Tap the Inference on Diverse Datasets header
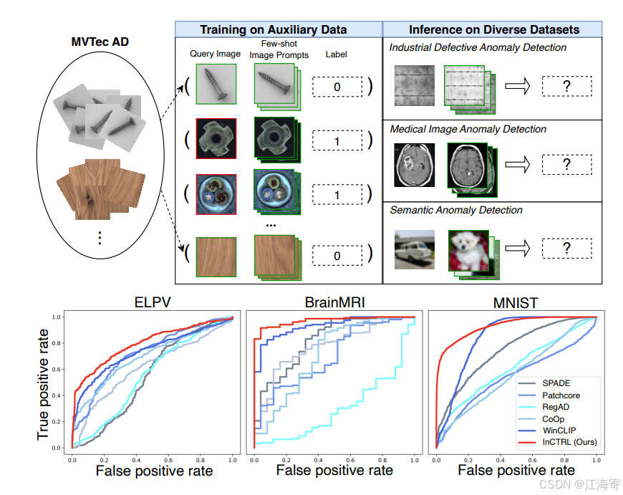(493, 29)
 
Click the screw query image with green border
(215, 85)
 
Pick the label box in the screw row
(337, 87)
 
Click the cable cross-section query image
(216, 194)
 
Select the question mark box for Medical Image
(566, 165)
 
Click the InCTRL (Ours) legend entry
(569, 442)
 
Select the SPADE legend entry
(556, 383)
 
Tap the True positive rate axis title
(44, 384)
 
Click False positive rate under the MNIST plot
(516, 470)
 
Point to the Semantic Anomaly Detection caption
(456, 210)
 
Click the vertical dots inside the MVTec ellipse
(100, 238)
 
